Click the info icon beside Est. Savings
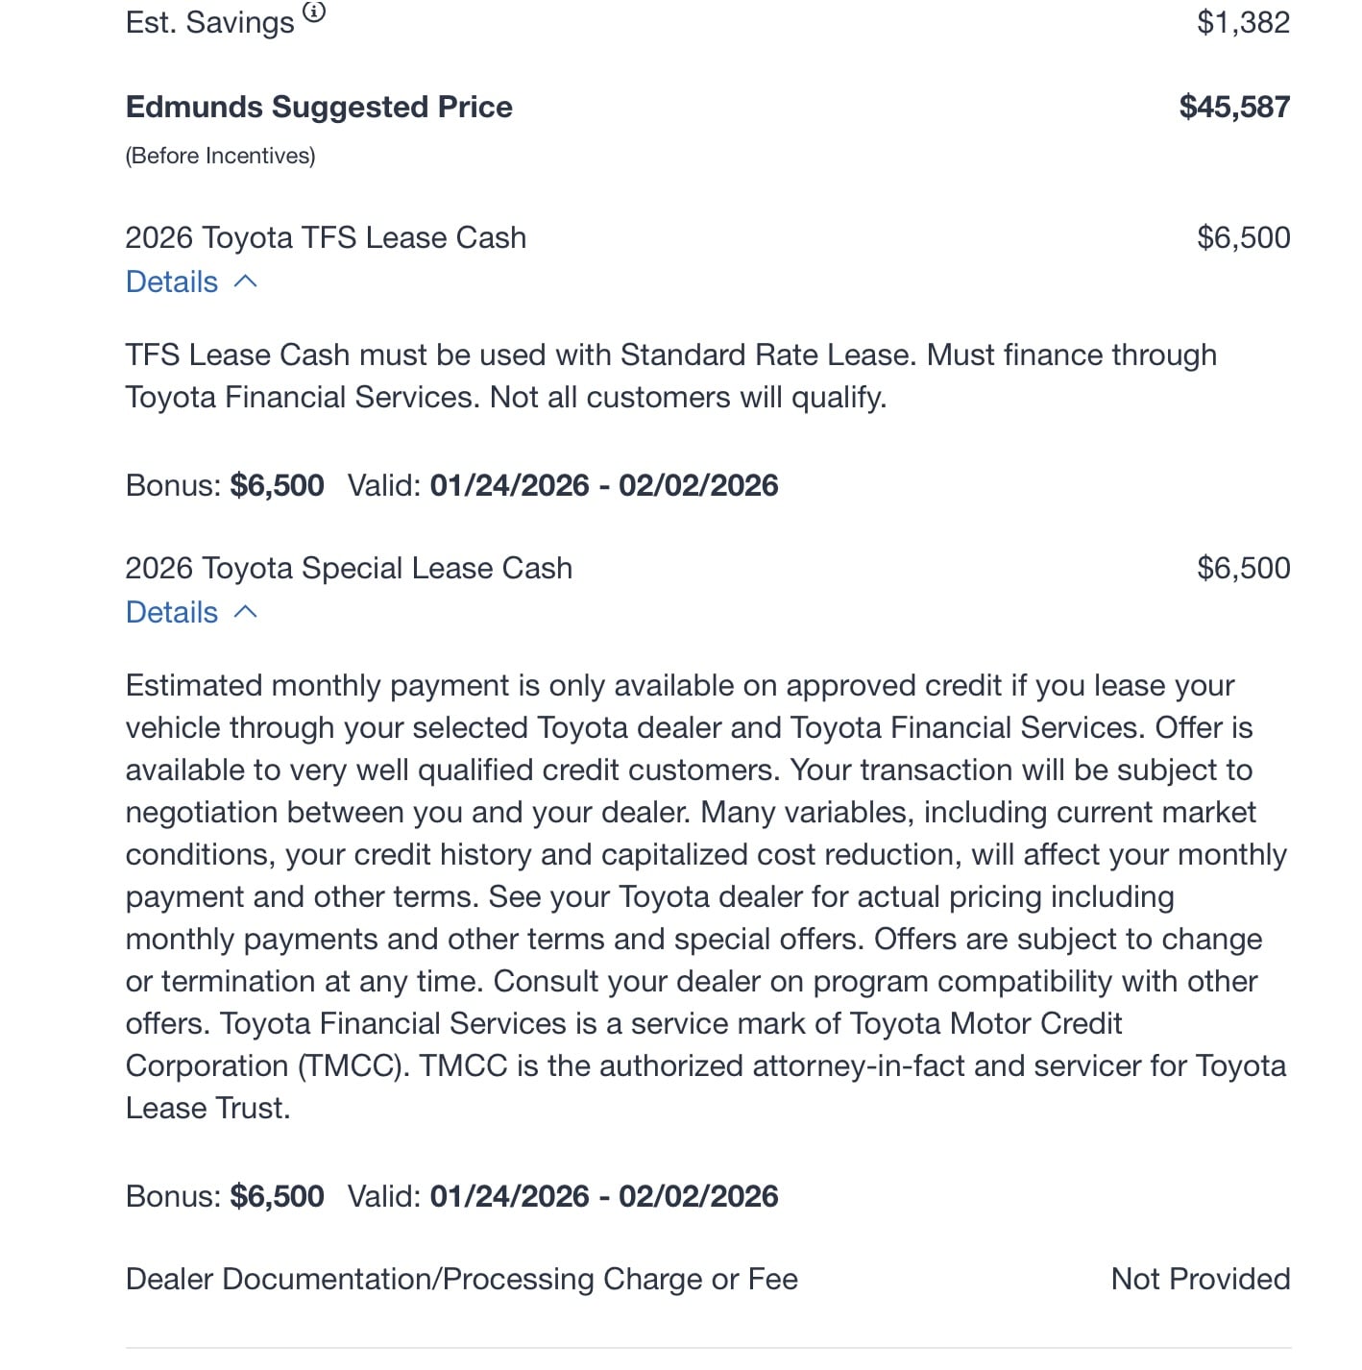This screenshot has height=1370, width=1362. (314, 12)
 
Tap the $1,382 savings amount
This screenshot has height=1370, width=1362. (1243, 22)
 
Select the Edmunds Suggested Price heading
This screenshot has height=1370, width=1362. (319, 107)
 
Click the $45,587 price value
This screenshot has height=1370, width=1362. (1234, 107)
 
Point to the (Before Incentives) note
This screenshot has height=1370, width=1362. (220, 156)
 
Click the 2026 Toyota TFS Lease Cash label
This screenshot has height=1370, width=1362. (326, 237)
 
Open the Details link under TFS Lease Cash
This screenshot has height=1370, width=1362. (172, 281)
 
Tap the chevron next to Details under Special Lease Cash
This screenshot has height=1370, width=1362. (246, 612)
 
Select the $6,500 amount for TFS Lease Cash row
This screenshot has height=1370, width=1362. (1243, 237)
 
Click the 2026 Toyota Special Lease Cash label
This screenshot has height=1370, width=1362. (349, 568)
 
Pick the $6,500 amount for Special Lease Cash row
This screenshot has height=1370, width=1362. (1243, 568)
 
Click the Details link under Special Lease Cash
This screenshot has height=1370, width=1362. (172, 612)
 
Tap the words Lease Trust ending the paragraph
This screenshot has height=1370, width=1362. (207, 1108)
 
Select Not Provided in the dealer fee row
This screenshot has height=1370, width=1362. (1200, 1279)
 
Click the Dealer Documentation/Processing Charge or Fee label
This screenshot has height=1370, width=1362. (461, 1279)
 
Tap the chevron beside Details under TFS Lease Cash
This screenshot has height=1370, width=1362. (246, 281)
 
